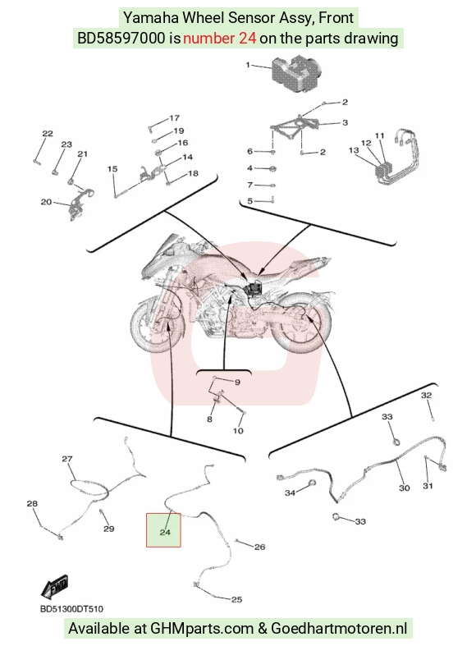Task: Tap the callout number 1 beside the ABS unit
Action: tap(248, 65)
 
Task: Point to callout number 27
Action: tap(67, 459)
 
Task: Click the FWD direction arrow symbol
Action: tap(55, 586)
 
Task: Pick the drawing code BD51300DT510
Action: tap(71, 609)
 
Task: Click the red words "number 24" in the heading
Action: tap(219, 39)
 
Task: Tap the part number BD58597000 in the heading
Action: tap(121, 39)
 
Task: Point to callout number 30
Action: tap(405, 488)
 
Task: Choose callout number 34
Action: tap(290, 493)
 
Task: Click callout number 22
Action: tap(48, 134)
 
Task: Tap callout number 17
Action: tap(175, 118)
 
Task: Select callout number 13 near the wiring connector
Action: tap(354, 150)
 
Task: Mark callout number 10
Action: tap(238, 431)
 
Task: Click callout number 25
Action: tap(236, 599)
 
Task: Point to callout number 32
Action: tap(426, 396)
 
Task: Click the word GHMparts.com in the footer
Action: tap(202, 629)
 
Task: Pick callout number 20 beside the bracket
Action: tap(46, 202)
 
